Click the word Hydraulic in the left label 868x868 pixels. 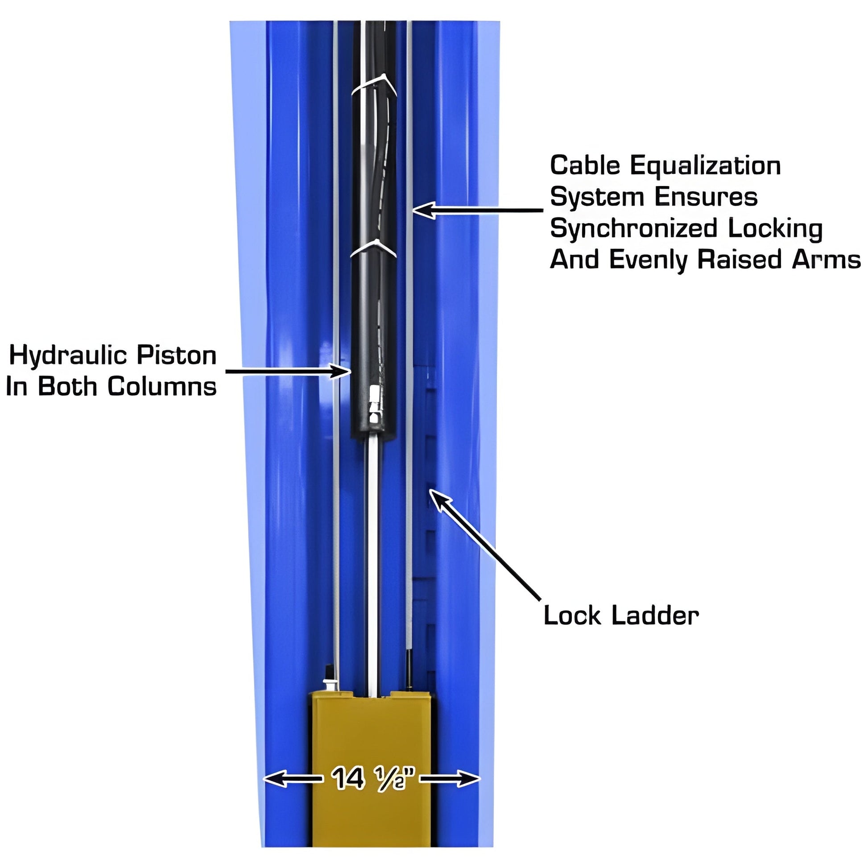pyautogui.click(x=68, y=356)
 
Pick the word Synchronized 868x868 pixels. pyautogui.click(x=633, y=229)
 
